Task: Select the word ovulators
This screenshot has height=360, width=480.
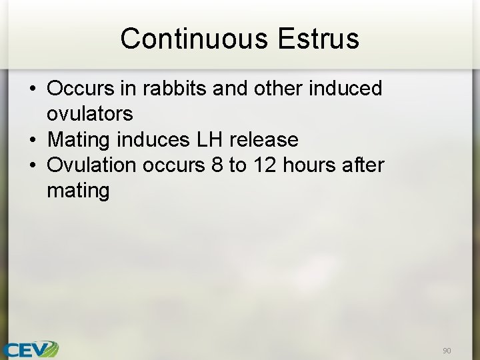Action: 89,114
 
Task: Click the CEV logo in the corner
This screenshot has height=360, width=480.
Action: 29,349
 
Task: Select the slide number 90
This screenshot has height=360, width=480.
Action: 446,350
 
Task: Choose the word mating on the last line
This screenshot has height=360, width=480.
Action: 77,191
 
